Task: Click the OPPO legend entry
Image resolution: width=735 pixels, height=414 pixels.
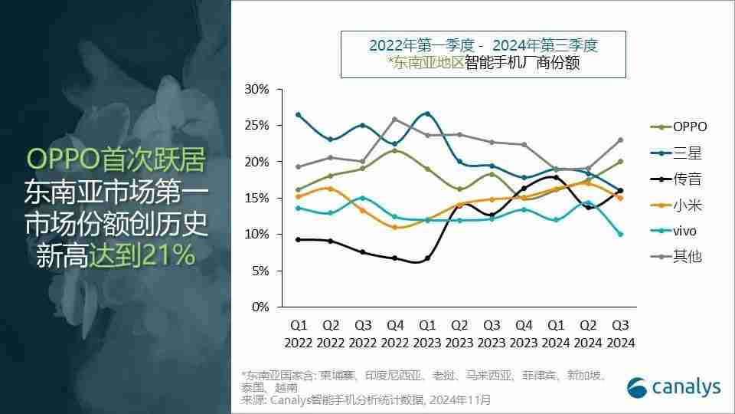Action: coord(684,127)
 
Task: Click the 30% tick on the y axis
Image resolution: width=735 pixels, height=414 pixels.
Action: coord(257,89)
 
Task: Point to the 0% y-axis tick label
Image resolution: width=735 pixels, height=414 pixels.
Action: coord(260,307)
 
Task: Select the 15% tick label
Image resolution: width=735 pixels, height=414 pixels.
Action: coord(257,198)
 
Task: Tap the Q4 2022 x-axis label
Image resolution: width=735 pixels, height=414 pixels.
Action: coord(394,335)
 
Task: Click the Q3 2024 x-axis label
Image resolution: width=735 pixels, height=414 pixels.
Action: coord(620,335)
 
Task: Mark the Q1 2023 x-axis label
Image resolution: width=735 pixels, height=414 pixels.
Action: coord(427,335)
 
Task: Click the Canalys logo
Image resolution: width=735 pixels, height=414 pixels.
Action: coord(674,388)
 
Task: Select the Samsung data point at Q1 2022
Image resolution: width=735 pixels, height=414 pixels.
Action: coord(298,115)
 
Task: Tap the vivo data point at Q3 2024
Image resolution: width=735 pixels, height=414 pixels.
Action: coord(620,234)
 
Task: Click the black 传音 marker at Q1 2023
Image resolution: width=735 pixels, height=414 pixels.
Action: coord(427,258)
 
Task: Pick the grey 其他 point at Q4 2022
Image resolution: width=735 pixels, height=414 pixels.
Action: coord(394,119)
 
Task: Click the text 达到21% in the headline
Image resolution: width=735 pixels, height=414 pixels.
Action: coord(145,255)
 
